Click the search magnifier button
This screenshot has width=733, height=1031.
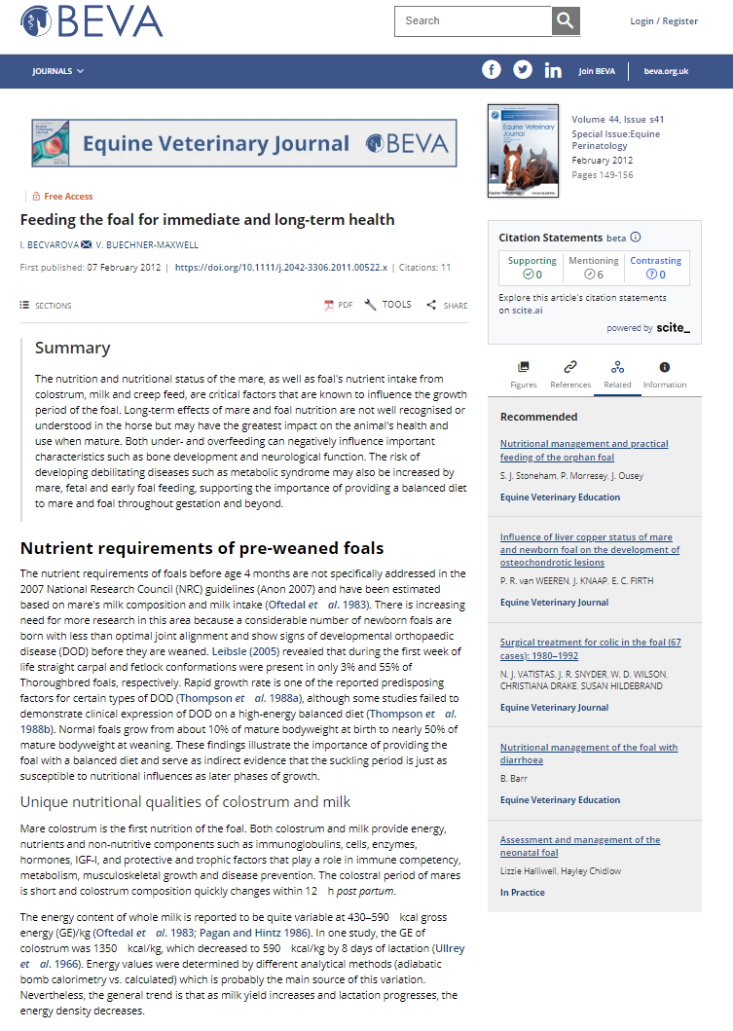tap(566, 20)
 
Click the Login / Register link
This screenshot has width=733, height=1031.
tap(664, 21)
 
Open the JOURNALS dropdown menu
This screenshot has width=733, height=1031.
tap(58, 71)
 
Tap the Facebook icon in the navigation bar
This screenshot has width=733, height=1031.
tap(492, 70)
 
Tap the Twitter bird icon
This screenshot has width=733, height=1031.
tap(523, 70)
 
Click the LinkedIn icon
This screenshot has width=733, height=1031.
tap(553, 70)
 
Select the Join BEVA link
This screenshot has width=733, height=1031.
tap(597, 71)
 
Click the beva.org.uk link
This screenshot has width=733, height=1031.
tap(666, 71)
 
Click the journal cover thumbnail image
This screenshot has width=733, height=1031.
tap(523, 152)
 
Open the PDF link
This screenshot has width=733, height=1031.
tap(339, 305)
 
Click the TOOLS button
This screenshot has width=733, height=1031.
tap(387, 305)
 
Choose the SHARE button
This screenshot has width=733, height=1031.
tap(447, 306)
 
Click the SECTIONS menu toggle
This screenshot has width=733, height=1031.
tap(46, 306)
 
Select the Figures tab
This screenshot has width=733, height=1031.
tap(524, 374)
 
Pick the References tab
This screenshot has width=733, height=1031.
tap(570, 374)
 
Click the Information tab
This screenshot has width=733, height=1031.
tap(665, 374)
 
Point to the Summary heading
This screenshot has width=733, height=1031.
tap(73, 348)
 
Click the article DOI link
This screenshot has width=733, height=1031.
tap(281, 267)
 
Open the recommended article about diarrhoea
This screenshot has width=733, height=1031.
tap(589, 754)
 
